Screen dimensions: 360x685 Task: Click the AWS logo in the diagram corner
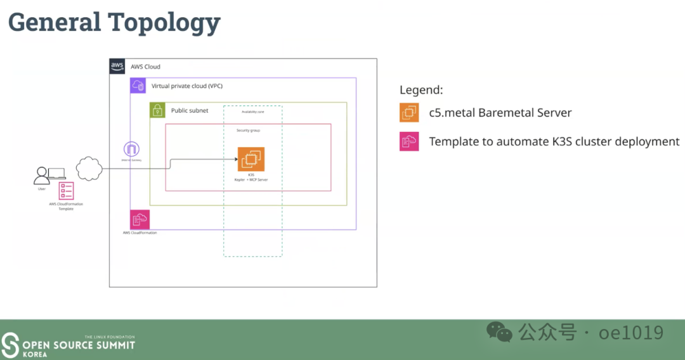(117, 67)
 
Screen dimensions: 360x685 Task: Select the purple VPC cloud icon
(138, 86)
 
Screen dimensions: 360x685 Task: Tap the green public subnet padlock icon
(157, 110)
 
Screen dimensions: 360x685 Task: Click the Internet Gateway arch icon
(132, 150)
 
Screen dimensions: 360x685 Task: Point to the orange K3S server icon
(251, 159)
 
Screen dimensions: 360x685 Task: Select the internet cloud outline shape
(89, 169)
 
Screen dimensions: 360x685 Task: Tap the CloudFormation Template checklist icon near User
(66, 191)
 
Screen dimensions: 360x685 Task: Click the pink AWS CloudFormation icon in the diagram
(139, 219)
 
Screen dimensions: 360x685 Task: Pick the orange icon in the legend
(409, 113)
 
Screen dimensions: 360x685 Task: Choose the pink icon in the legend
(409, 141)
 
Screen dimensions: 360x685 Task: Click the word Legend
(421, 90)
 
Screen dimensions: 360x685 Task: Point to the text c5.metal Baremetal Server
(500, 113)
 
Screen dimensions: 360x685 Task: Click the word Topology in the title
(164, 23)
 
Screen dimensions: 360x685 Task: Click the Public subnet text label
(190, 110)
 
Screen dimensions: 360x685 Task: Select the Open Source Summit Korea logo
(68, 344)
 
